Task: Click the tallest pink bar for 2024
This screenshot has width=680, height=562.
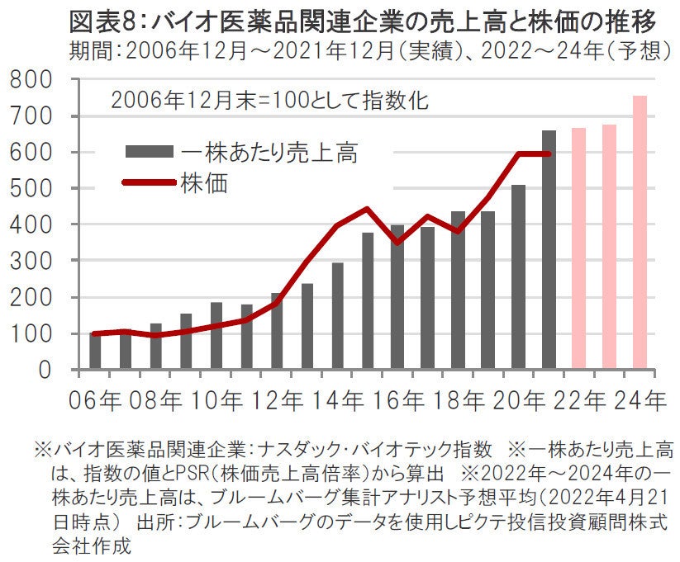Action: pos(640,233)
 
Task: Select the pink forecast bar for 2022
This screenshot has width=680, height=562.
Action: pos(579,248)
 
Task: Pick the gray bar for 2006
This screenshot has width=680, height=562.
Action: pos(95,351)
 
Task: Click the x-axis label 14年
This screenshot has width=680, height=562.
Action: pos(342,400)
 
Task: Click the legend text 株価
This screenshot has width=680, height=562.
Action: pos(203,182)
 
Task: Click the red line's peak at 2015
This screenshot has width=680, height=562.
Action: pos(367,209)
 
